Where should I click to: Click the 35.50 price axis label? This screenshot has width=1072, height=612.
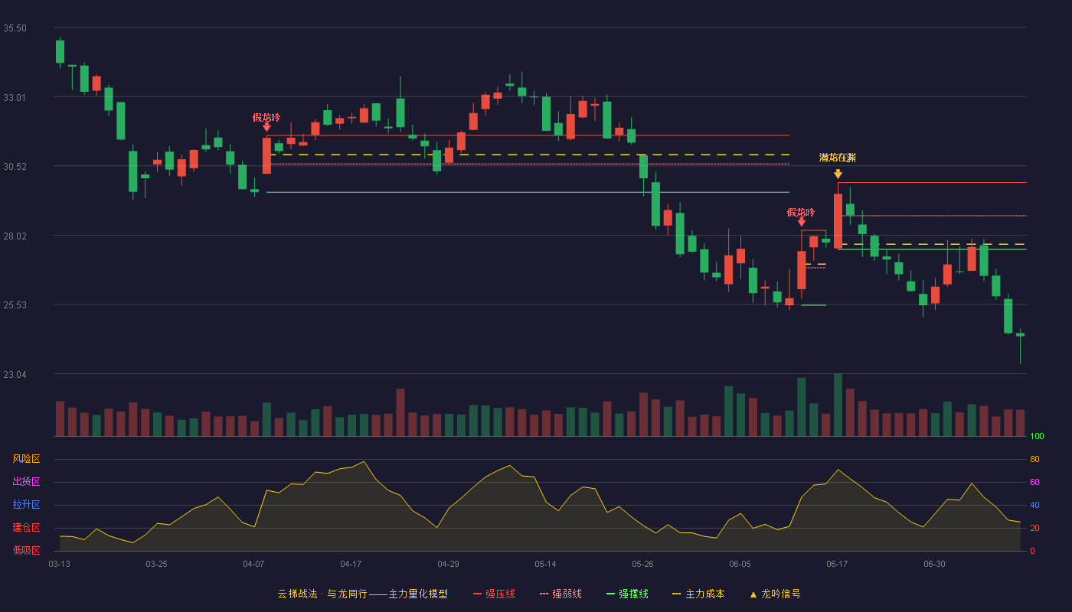click(x=15, y=28)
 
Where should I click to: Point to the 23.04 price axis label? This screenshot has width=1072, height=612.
click(x=15, y=374)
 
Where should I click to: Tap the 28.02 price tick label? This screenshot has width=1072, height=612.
click(x=15, y=236)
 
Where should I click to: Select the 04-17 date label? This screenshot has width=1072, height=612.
click(x=351, y=565)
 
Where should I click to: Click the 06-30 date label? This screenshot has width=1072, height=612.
click(x=934, y=565)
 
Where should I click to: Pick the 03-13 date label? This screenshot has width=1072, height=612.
click(x=60, y=565)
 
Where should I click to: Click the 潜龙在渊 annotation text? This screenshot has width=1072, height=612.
click(x=838, y=158)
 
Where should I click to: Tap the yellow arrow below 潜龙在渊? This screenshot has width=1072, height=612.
click(x=838, y=174)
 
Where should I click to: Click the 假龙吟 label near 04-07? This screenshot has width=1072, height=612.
click(x=266, y=117)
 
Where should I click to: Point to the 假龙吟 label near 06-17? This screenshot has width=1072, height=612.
click(x=801, y=212)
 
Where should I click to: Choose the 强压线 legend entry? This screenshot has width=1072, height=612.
click(x=495, y=594)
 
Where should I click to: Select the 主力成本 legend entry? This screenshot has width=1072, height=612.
click(x=698, y=594)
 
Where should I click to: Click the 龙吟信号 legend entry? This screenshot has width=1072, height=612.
click(x=775, y=594)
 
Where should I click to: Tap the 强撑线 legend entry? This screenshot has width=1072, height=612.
click(x=627, y=594)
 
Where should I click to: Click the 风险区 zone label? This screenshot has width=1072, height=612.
click(x=26, y=458)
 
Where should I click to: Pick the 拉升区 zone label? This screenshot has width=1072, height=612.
click(x=26, y=504)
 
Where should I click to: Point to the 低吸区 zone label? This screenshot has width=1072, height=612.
click(x=26, y=550)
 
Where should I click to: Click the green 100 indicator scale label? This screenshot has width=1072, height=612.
click(x=1037, y=436)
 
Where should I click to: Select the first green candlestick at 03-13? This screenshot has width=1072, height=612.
click(x=60, y=52)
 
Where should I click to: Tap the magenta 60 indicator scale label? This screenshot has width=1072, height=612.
click(x=1034, y=482)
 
